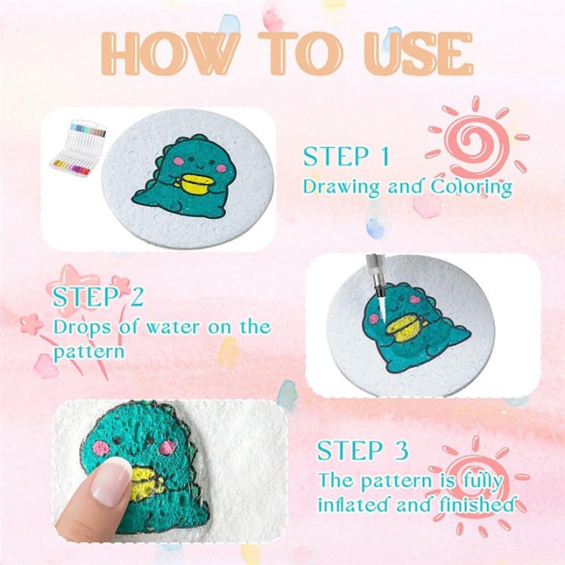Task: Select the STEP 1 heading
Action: (x=346, y=156)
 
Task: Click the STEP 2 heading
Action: (x=98, y=297)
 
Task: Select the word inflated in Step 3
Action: (x=352, y=505)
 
